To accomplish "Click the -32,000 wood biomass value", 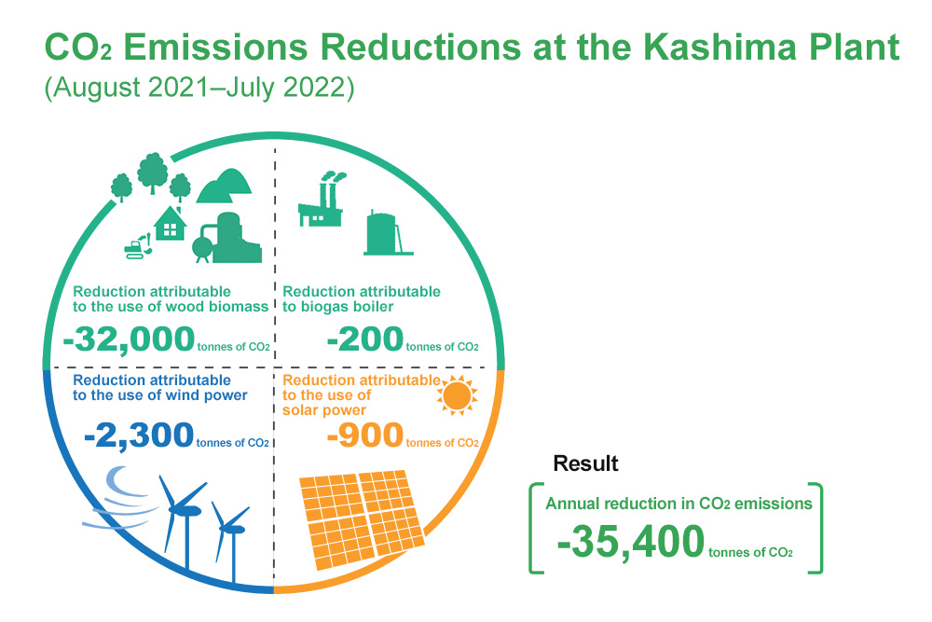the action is coord(129,339).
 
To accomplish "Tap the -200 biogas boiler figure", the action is coord(365,339).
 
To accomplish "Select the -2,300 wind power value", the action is coord(139,435).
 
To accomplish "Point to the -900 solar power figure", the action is coord(365,435).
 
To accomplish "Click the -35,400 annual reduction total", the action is coord(631,543).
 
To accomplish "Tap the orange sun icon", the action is coord(457,395).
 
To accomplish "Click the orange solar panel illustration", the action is coord(362,519).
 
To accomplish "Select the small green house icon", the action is coord(170,224).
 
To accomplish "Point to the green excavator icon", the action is coord(138,246).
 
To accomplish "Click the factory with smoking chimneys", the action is coord(321,200).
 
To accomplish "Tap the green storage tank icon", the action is coord(388,233).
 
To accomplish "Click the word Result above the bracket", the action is coord(585,463).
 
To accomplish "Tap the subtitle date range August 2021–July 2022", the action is coord(199,88).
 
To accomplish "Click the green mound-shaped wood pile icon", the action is coord(224,187).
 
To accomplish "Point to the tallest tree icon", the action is coord(153,173).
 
